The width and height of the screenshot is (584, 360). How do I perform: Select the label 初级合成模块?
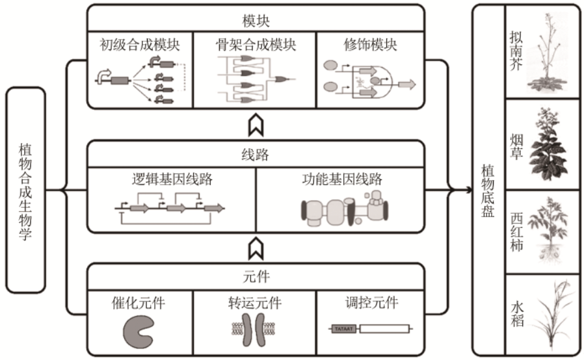click(x=139, y=45)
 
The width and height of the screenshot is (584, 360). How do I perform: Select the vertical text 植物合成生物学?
click(x=25, y=190)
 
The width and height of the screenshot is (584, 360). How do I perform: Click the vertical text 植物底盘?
click(x=488, y=190)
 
